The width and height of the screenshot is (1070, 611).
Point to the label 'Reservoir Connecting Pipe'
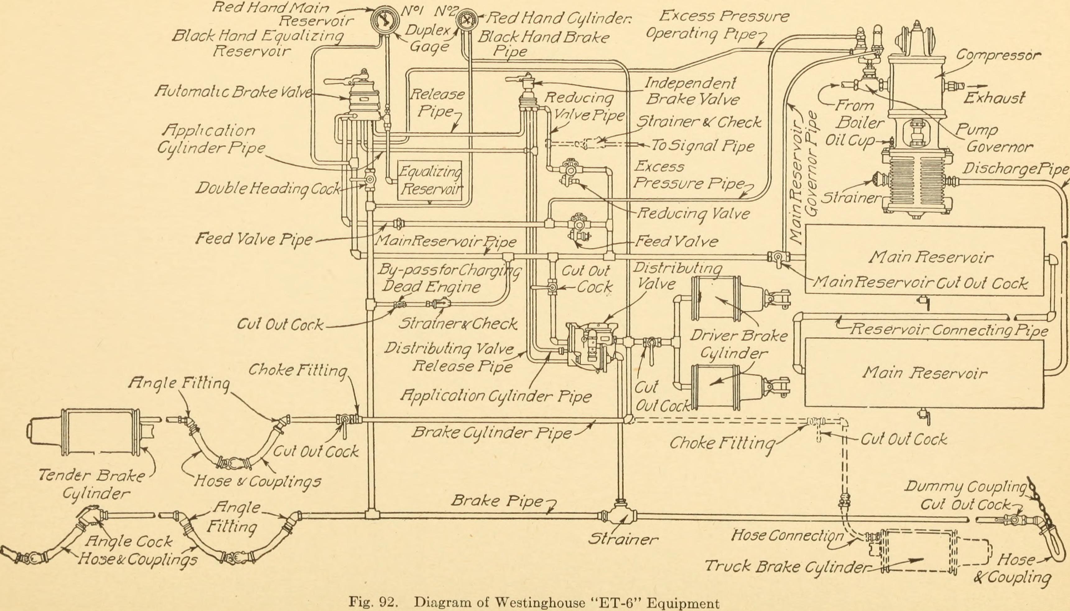pos(948,330)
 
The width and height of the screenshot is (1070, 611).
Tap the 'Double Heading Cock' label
pos(267,189)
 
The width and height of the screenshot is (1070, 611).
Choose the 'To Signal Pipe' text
pos(702,146)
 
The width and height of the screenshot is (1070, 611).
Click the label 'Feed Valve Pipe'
pos(254,239)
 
